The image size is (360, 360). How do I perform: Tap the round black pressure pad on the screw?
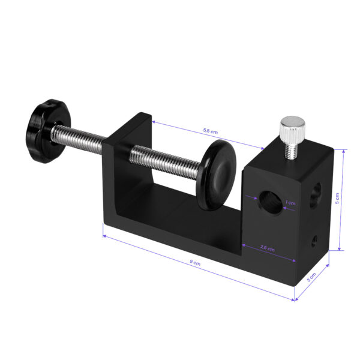[x=217, y=175]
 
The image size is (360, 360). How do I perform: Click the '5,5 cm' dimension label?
[x=210, y=130]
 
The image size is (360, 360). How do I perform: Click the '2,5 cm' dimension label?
[x=267, y=248]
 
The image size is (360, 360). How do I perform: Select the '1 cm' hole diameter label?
[x=291, y=203]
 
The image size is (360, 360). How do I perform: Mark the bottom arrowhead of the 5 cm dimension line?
[x=340, y=248]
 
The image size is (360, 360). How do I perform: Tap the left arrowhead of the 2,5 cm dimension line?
[x=243, y=244]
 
